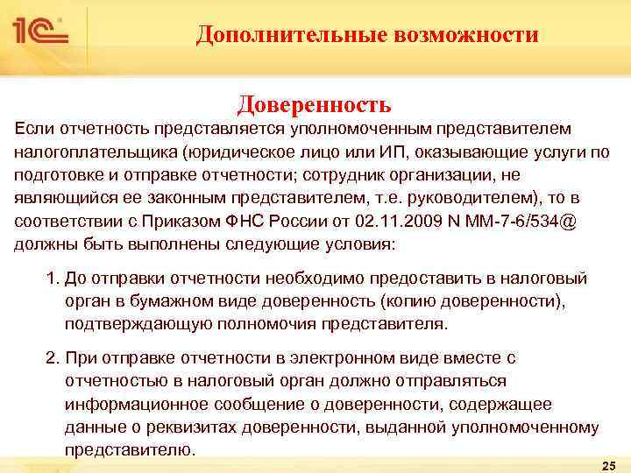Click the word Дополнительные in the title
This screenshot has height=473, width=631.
pos(283,34)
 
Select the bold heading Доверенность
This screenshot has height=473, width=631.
pos(315,105)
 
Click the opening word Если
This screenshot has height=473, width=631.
pos(32,130)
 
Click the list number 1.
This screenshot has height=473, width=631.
pos(51,279)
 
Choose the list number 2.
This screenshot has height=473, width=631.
pos(51,359)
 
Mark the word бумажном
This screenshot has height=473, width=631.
pos(146,301)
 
